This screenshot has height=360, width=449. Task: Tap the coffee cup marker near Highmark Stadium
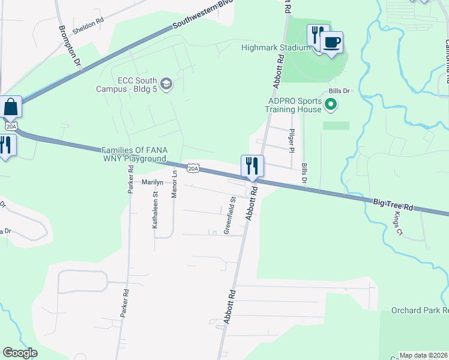click(331, 43)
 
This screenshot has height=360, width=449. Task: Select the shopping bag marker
click(10, 107)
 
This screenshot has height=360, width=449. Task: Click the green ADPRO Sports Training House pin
click(330, 105)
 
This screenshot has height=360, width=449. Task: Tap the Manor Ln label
click(175, 184)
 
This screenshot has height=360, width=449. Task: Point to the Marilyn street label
click(152, 182)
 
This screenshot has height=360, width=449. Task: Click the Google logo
click(20, 353)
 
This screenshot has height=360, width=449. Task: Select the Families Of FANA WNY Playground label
click(133, 154)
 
